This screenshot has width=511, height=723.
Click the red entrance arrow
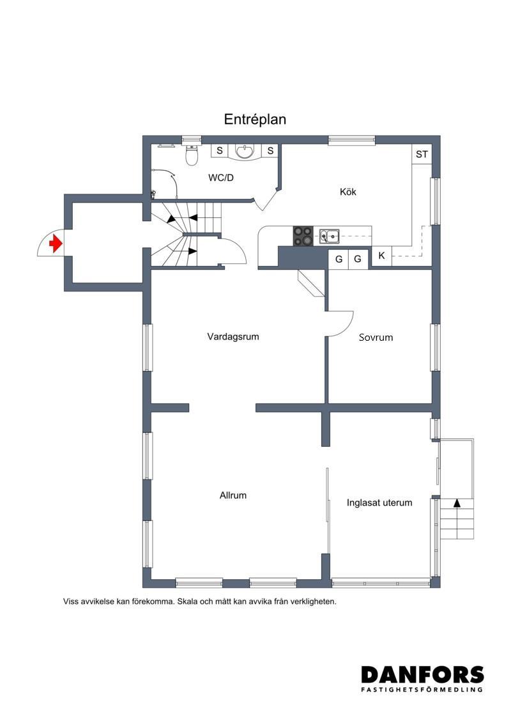(56, 243)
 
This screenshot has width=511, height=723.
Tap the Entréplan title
(255, 120)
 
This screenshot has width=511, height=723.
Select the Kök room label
(348, 192)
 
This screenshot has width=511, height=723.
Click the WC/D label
(221, 178)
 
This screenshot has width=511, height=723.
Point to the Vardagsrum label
(233, 336)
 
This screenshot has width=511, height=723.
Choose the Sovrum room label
(376, 337)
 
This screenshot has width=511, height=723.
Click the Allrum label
(233, 495)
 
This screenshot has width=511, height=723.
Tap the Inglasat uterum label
(379, 502)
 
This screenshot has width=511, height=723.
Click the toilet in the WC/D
(191, 155)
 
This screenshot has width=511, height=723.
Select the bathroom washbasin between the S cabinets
(244, 152)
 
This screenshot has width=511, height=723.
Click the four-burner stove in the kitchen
(303, 236)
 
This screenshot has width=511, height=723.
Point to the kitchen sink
(330, 236)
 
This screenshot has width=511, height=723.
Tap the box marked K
(381, 256)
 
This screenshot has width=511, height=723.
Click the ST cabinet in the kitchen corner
(422, 154)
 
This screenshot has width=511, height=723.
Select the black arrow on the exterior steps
(457, 503)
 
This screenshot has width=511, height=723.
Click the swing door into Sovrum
(341, 323)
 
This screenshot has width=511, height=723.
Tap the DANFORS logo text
(422, 675)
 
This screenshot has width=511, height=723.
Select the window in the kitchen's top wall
(351, 140)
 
